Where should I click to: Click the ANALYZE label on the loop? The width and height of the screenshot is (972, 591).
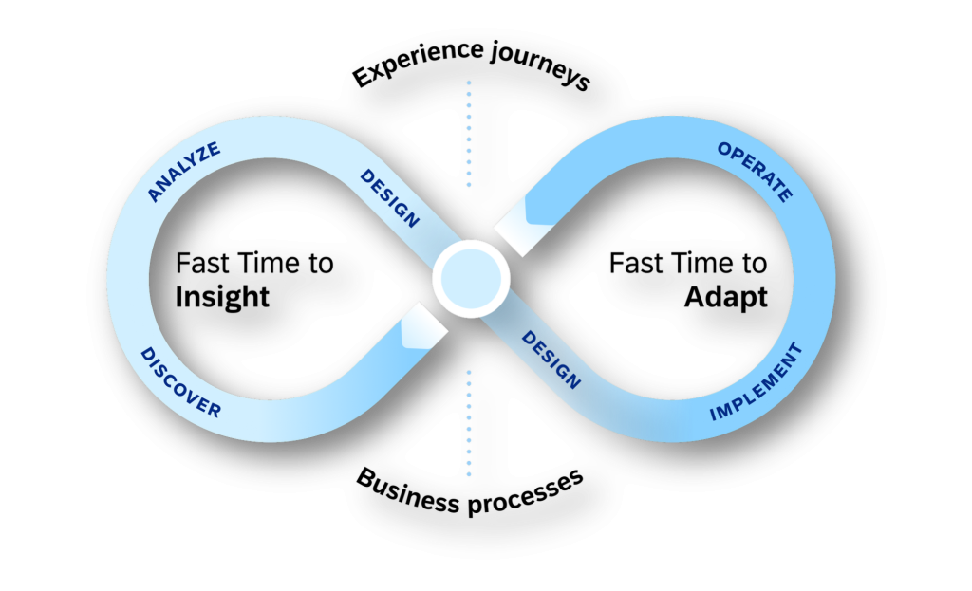coord(185,171)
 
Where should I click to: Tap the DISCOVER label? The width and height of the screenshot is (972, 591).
coord(180,382)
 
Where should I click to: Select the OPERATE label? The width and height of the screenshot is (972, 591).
coord(754,172)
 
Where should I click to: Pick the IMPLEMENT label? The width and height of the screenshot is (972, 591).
coord(757,382)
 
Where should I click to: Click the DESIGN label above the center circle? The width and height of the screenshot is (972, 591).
coord(389,198)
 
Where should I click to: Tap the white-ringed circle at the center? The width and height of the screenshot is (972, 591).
coord(471,278)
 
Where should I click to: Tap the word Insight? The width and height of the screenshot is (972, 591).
coord(222,297)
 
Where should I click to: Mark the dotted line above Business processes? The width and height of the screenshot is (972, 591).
coord(468,422)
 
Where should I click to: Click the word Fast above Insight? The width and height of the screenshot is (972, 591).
coord(201,264)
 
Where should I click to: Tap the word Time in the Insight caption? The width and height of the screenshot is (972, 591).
coord(268,264)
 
